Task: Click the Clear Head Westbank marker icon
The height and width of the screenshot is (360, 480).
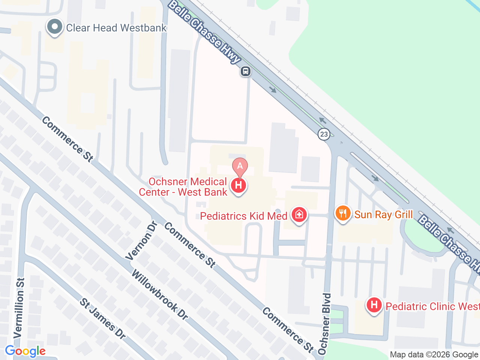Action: point(55,27)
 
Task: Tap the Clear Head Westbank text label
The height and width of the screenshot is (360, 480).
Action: point(116,28)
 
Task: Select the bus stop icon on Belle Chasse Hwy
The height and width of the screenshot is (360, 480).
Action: point(246,71)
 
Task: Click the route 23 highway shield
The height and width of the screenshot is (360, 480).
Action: point(324,134)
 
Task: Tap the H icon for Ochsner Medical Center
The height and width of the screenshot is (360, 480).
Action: point(238,185)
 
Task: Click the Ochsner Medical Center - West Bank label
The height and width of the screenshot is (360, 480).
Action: point(184,187)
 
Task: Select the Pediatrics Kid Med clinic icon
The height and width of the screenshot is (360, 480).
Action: point(299,215)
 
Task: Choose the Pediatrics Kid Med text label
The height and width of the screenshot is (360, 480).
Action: point(244,216)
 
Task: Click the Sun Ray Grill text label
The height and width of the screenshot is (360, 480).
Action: point(383,214)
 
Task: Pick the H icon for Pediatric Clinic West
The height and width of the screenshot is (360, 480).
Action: point(374,305)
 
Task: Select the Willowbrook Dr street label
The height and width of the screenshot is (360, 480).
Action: point(160,295)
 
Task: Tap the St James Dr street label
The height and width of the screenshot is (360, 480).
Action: point(102,319)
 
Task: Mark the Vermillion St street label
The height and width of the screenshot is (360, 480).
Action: point(19,307)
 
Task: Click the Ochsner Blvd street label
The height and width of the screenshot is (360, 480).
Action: point(325,323)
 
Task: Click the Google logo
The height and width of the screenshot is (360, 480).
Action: point(25,351)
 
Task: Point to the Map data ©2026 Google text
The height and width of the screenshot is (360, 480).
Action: point(434,354)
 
